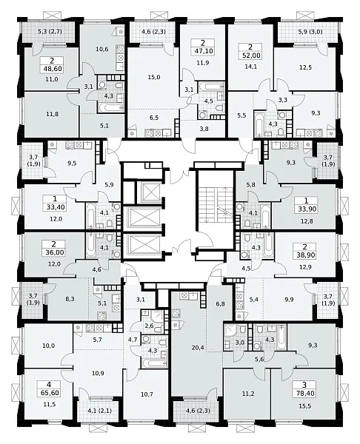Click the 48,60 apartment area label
point(51,69)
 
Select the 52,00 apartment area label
point(251,55)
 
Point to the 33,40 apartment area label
point(56,207)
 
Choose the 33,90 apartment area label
point(306,209)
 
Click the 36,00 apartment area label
point(54,252)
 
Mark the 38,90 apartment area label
point(305,255)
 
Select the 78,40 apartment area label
point(305,394)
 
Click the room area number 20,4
point(197,346)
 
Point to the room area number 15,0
point(154,77)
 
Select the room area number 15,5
point(304,406)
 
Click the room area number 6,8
point(220,304)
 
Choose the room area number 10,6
point(102,50)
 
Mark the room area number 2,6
point(149,326)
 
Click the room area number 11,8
point(53,114)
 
